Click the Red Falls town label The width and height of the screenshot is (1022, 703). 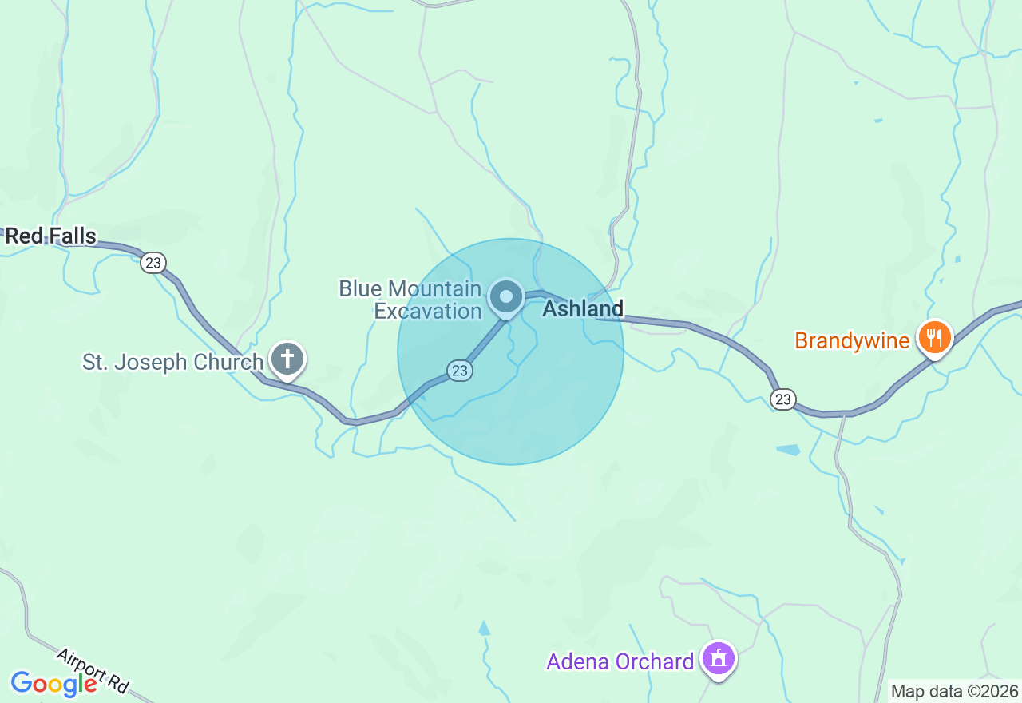(50, 236)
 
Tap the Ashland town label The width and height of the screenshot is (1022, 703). (583, 308)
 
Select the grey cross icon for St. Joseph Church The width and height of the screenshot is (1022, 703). (287, 359)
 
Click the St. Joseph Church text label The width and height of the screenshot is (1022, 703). (172, 362)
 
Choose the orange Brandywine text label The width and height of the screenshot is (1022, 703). (852, 341)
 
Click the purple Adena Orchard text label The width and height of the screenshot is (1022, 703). (620, 661)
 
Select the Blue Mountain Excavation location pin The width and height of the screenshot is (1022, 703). (505, 297)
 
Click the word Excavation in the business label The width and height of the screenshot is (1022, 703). (428, 311)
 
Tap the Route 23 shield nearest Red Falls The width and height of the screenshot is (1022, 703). (153, 262)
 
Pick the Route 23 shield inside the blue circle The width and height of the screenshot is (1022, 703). (459, 371)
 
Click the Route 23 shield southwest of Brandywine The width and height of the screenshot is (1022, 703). (784, 399)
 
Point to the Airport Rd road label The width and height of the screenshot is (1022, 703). (93, 670)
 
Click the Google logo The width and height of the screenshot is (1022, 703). (53, 684)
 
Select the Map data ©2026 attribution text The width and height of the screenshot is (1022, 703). (954, 691)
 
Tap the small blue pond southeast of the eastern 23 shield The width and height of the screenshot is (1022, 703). (787, 450)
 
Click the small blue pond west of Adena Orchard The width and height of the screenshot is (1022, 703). (484, 628)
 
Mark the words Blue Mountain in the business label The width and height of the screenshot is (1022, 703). (410, 288)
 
